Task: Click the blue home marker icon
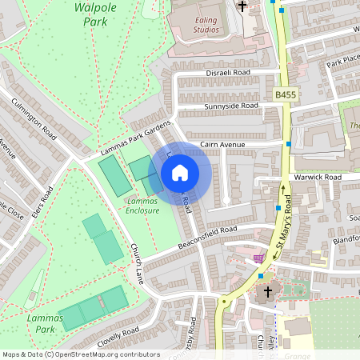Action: point(180,173)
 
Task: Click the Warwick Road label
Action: point(318,177)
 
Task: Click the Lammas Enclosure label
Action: point(142,206)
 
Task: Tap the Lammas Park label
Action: point(44,323)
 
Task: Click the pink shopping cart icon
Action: point(258,258)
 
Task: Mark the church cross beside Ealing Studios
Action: point(242,6)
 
